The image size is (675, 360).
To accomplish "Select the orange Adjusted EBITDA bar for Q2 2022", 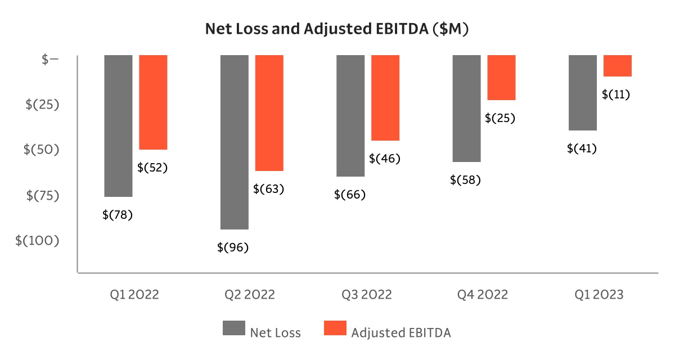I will (269, 112).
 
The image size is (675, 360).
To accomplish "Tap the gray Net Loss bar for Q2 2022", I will (234, 142).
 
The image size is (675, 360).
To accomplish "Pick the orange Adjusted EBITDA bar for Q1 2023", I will (618, 66).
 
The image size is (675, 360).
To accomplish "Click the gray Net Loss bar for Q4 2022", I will (466, 108).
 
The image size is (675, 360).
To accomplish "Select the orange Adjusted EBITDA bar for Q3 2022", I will (385, 98).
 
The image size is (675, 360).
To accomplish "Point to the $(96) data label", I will (233, 247).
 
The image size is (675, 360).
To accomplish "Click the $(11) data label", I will (616, 94).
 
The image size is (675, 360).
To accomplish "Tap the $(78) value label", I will (118, 214).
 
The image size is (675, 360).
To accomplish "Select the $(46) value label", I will (385, 159).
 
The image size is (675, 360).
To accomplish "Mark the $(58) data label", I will (466, 180).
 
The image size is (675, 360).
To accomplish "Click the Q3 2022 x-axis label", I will (366, 295).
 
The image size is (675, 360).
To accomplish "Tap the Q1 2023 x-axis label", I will (598, 295).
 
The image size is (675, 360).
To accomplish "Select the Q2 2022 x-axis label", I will (250, 295).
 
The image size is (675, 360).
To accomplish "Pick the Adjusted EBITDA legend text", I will (401, 332).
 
